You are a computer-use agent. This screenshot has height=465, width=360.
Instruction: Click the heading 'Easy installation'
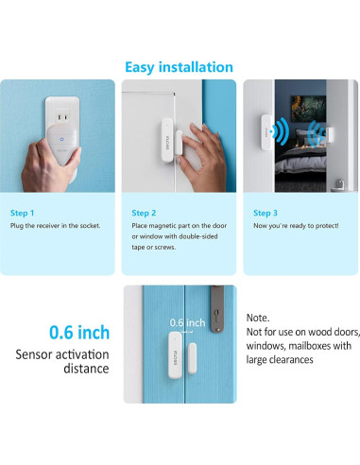click(180, 67)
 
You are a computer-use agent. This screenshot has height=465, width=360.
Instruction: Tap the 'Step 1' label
click(24, 213)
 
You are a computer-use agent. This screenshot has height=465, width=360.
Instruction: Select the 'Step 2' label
click(145, 213)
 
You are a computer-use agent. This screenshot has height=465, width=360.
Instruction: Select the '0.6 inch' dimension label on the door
click(187, 323)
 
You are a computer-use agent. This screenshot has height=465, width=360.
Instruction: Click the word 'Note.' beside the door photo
click(257, 319)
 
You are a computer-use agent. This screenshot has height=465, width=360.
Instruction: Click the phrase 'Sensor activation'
click(61, 355)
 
